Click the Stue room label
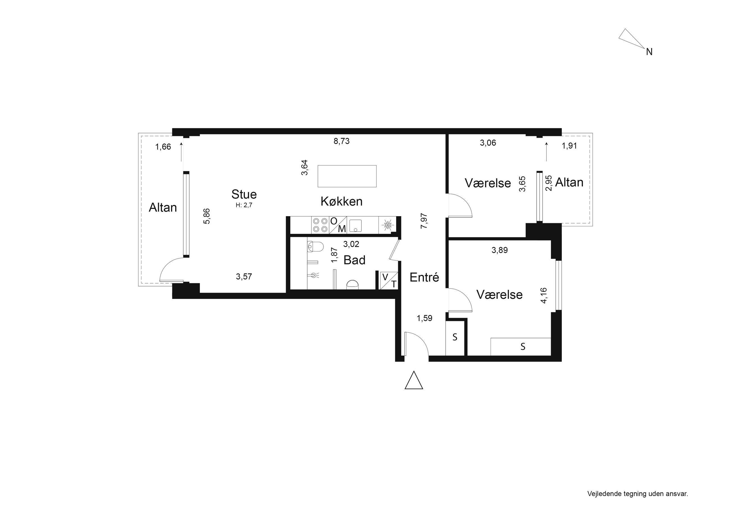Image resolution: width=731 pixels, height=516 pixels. (x=244, y=194)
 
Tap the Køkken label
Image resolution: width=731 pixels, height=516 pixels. (x=342, y=202)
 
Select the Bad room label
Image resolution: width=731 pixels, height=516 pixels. (x=354, y=260)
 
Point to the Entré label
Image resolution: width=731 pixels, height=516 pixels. (x=424, y=278)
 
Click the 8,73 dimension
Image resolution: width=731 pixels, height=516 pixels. (x=342, y=141)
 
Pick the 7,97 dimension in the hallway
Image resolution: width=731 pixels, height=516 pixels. (x=424, y=221)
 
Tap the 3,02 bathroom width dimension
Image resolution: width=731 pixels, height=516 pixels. (x=351, y=244)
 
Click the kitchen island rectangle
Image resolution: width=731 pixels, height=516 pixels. (x=347, y=176)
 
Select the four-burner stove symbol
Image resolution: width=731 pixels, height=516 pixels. (x=320, y=225)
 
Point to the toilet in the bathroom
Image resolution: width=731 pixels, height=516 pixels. (x=315, y=246)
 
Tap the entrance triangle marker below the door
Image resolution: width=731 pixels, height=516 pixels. (x=414, y=380)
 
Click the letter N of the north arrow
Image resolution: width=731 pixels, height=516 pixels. (x=649, y=52)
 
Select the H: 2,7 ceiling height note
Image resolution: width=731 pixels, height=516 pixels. (x=244, y=206)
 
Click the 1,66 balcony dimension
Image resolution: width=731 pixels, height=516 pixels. (x=163, y=147)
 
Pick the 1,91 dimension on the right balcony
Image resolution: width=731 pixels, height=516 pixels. (x=569, y=146)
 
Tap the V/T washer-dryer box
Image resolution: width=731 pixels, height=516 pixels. (x=389, y=280)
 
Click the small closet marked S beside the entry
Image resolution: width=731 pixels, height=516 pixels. (x=455, y=337)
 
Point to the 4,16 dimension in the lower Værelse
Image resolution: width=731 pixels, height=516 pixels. (x=544, y=295)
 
